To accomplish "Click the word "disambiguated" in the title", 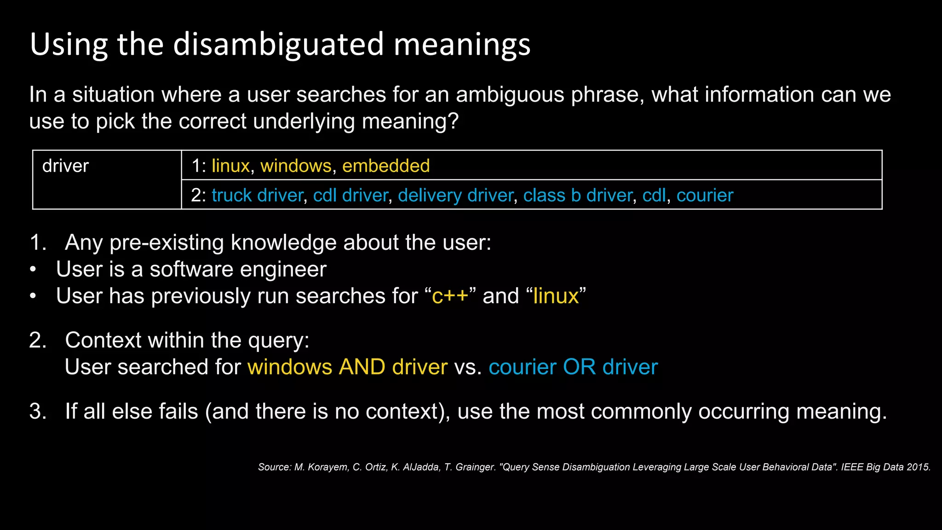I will (278, 45).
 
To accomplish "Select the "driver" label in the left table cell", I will (65, 166).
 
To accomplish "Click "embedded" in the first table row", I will (386, 166).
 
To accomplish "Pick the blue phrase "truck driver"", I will (257, 196).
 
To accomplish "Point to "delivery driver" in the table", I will (455, 196).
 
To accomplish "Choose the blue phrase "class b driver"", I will (578, 196).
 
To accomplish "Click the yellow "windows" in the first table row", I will (296, 166).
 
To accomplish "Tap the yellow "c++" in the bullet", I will (450, 296).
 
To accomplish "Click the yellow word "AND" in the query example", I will (362, 367).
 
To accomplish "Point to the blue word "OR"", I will (579, 367).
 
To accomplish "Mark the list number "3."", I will (38, 411).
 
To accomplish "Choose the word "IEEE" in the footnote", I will (852, 467).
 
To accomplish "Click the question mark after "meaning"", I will (454, 121).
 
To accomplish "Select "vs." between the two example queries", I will (468, 367).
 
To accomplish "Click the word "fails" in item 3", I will (178, 411).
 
